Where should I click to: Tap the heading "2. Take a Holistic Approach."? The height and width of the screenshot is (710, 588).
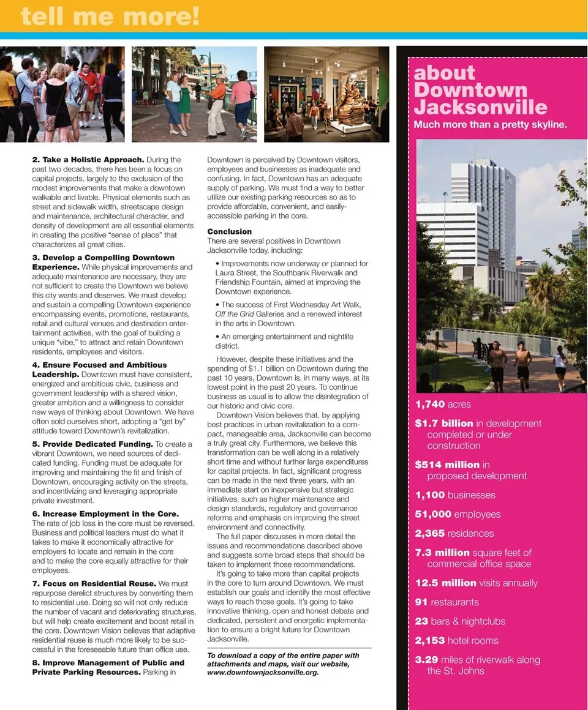click(88, 160)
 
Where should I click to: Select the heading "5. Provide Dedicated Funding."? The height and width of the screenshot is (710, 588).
click(92, 444)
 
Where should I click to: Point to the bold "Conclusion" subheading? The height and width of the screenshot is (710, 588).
click(230, 231)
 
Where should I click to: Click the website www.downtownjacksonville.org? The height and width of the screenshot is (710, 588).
click(263, 672)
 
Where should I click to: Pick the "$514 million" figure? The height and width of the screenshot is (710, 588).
click(447, 465)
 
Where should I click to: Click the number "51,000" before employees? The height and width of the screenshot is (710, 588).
click(433, 515)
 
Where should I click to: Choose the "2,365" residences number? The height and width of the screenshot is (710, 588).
click(430, 534)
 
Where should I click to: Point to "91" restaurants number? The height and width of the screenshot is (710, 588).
click(421, 602)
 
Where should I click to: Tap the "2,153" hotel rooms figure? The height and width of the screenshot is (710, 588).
click(430, 641)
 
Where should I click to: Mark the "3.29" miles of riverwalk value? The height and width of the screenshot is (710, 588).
click(427, 660)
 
